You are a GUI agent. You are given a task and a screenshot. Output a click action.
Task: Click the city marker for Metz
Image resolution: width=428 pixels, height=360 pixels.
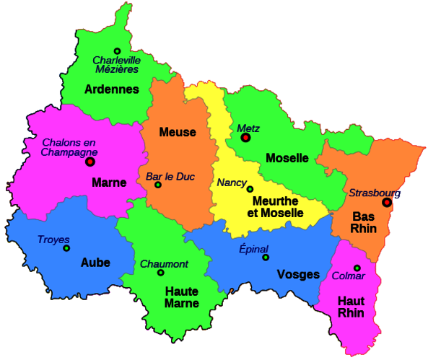point(245,137)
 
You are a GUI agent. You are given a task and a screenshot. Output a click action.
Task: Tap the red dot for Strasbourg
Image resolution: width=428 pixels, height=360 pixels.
point(387,203)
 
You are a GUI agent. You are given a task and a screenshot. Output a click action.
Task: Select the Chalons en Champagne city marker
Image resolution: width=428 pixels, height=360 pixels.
point(90,162)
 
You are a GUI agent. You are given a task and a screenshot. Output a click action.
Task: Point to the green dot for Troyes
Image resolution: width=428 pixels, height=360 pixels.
point(66,248)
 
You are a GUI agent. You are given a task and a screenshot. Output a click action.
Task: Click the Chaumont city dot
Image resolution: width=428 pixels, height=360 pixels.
point(161,273)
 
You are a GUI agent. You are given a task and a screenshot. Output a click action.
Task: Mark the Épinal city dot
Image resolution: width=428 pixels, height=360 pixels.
point(266,258)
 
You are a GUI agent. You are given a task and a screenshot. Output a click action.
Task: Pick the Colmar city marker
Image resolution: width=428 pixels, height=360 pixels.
point(357,268)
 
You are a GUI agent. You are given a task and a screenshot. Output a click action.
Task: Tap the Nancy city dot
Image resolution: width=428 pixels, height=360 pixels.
point(250,189)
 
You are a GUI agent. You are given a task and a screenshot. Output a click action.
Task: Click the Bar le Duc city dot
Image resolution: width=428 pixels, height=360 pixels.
point(158,185)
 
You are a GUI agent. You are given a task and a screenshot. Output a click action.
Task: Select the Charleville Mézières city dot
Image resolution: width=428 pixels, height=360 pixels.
point(117,51)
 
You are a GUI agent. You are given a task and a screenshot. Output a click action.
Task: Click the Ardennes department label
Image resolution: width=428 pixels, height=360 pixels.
point(112,89)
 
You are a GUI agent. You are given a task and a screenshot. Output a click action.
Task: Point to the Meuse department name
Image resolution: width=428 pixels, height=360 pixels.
point(178,133)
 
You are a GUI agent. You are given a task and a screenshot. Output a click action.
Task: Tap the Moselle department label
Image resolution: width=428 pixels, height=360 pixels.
point(287,158)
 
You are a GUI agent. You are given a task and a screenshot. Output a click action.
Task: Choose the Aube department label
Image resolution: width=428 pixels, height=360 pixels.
point(96,263)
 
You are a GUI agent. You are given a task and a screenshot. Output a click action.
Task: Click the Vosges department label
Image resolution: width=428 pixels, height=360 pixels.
point(298,274)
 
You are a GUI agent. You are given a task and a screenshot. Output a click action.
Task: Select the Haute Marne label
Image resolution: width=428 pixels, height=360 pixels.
point(182,297)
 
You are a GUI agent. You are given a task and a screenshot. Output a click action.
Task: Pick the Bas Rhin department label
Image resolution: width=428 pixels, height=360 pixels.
point(363,221)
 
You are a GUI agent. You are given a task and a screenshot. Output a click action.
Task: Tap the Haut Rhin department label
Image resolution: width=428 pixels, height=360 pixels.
point(351,307)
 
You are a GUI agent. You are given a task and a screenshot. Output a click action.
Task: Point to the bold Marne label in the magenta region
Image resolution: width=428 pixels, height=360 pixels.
point(109,183)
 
